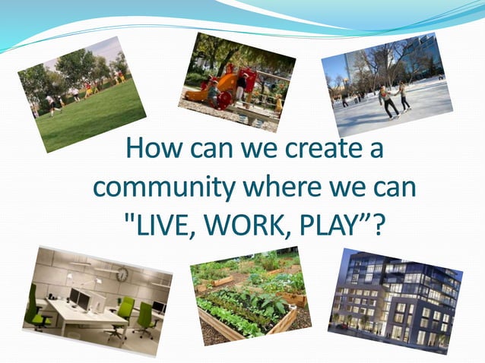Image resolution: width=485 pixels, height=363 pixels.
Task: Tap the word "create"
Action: point(319,148)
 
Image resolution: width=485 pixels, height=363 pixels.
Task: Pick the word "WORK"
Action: point(236,223)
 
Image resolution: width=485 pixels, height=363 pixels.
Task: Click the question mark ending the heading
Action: point(375,223)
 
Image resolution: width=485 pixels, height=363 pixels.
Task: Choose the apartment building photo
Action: point(395,300)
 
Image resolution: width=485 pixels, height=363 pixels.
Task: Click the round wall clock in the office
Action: point(122,274)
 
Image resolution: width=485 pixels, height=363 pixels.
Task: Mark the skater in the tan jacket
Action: point(388,99)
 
